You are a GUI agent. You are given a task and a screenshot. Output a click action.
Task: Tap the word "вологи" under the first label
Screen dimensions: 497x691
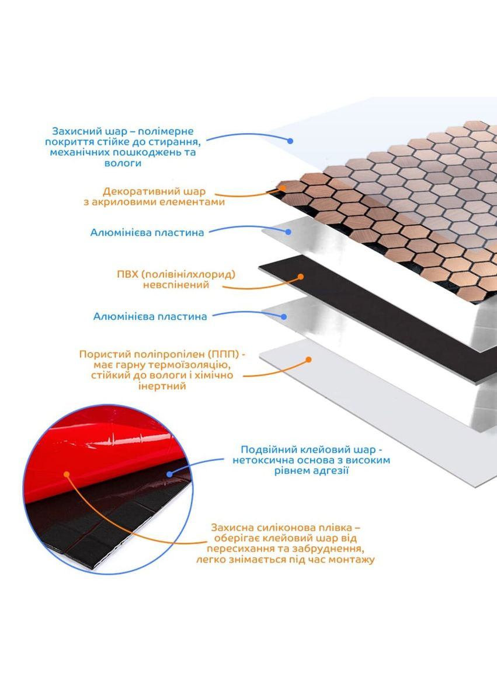pos(123,163)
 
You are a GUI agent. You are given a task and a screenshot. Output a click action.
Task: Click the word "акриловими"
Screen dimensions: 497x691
pos(123,203)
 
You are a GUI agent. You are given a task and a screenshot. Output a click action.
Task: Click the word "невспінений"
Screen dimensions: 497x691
pos(176,285)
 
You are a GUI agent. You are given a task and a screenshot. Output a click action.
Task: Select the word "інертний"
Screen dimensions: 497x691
pos(162,386)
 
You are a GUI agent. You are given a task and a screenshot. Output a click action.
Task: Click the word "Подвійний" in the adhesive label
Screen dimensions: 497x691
pos(269,450)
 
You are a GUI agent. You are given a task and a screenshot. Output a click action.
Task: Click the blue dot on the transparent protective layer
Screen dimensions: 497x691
pos(290,141)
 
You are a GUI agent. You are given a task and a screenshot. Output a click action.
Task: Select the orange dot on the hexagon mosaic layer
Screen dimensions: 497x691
pos(283,188)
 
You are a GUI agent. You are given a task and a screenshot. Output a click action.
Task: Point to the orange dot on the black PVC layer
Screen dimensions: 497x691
pos(301,277)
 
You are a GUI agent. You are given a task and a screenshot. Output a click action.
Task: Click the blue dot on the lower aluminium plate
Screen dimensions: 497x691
pos(284,316)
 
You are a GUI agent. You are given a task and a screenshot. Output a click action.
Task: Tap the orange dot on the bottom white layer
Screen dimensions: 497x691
pos(309,360)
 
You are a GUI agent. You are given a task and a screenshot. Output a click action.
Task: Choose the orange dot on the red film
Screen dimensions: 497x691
pos(67,474)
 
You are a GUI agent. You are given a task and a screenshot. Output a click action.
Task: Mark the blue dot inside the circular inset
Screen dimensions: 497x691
pos(170,474)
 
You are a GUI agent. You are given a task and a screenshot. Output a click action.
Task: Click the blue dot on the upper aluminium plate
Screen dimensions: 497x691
pos(288,232)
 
